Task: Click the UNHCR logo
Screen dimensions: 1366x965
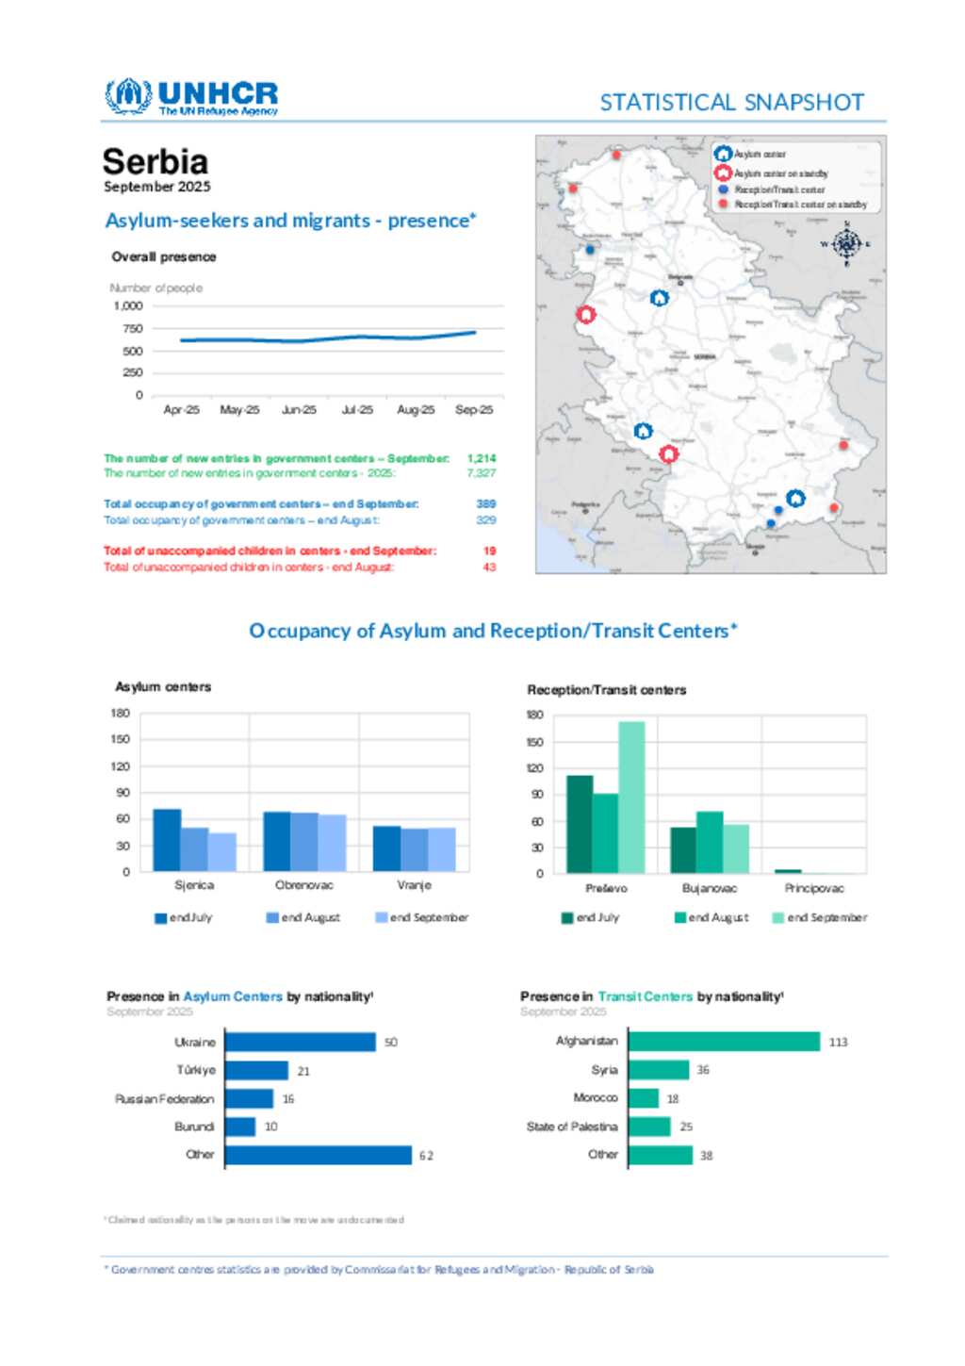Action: click(191, 97)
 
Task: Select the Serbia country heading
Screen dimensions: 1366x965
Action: click(155, 161)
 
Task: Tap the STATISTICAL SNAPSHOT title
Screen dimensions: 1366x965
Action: click(731, 102)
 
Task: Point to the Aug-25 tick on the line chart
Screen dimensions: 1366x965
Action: click(416, 410)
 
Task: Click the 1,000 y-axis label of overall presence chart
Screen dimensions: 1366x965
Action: click(128, 306)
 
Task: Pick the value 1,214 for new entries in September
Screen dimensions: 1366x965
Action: click(482, 458)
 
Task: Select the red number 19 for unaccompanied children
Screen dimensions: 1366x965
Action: click(489, 551)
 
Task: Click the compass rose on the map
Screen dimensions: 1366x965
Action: click(846, 244)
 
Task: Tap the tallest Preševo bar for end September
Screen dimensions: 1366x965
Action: click(631, 797)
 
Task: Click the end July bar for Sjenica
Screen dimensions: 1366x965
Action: click(167, 840)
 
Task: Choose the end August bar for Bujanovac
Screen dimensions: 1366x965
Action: click(710, 842)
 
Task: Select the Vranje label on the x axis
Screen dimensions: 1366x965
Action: click(414, 885)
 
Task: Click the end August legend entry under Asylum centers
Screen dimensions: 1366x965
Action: click(303, 917)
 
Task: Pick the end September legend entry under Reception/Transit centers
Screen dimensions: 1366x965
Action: click(820, 917)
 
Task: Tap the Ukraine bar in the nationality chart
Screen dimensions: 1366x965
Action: click(300, 1042)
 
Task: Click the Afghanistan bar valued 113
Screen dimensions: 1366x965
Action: click(724, 1042)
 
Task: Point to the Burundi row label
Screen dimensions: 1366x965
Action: click(194, 1127)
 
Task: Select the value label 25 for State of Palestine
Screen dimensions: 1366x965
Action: click(686, 1127)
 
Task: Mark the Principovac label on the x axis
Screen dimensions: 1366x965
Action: click(814, 888)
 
